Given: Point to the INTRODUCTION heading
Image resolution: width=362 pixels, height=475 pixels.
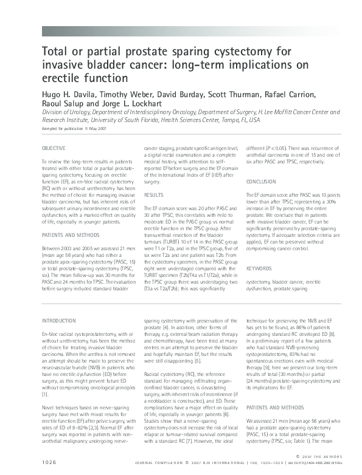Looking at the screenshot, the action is click(x=59, y=320).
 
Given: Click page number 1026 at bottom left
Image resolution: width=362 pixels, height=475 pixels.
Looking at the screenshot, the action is click(x=50, y=463).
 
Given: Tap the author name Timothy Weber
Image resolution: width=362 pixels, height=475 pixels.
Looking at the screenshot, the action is click(x=131, y=94).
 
